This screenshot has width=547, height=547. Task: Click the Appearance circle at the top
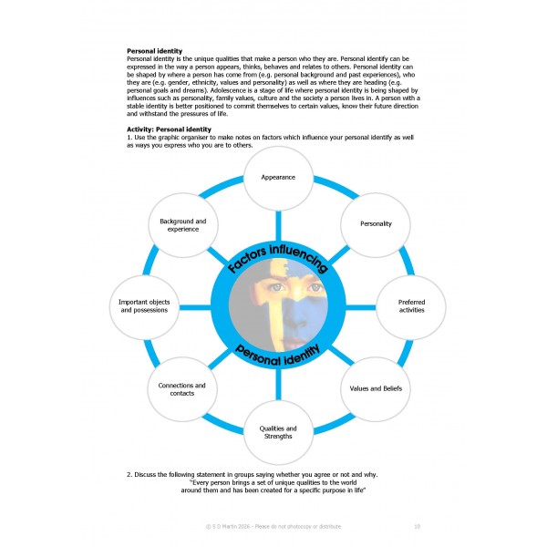278,177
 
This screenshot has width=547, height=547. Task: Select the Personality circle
376,223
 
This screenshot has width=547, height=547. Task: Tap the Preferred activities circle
411,307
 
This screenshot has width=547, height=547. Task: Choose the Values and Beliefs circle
376,389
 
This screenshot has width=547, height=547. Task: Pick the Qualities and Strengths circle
278,432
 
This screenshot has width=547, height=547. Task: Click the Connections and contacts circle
182,389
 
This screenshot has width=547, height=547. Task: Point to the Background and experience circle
182,224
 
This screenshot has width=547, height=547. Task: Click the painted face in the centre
278,305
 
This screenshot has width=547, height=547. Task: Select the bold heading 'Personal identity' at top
154,51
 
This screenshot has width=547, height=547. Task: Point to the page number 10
417,526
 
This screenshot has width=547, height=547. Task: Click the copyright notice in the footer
273,526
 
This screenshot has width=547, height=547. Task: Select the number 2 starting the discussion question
129,475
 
